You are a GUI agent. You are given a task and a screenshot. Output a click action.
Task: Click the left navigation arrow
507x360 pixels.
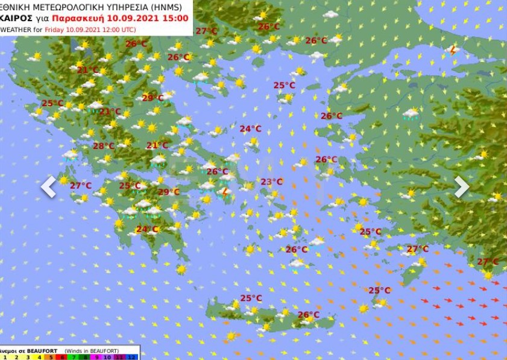(48, 187)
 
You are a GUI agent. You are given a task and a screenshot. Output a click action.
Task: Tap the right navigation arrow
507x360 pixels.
(461, 187)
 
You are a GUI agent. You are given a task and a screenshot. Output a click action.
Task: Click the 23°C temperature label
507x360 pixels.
(271, 182)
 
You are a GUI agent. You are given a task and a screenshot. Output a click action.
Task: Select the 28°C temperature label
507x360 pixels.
(103, 146)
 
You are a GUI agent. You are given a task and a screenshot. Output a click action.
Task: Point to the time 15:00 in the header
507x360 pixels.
(176, 18)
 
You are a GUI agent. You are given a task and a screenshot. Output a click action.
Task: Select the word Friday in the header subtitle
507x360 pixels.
(55, 29)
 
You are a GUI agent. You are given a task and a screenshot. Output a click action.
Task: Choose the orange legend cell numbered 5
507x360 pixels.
(51, 357)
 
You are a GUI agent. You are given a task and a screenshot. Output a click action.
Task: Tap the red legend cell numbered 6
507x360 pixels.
(63, 357)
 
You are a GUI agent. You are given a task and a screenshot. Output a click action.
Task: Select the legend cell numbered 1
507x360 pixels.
(4, 357)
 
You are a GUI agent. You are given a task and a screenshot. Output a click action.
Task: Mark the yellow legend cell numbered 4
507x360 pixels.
(39, 357)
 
